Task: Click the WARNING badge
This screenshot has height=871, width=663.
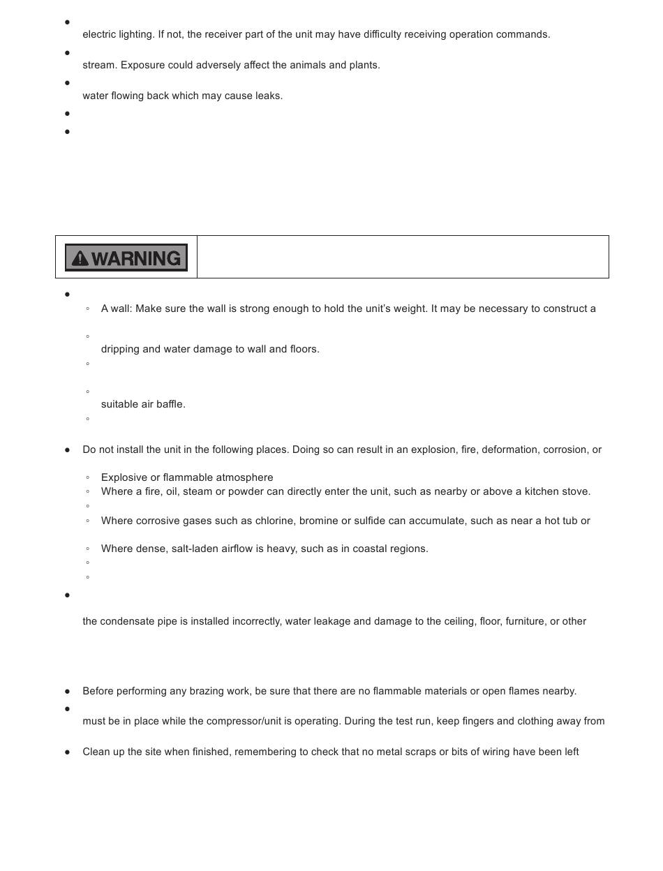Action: [x=126, y=258]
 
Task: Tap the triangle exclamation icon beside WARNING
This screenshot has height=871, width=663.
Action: [x=80, y=259]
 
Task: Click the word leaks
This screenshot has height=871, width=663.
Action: [x=268, y=96]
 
